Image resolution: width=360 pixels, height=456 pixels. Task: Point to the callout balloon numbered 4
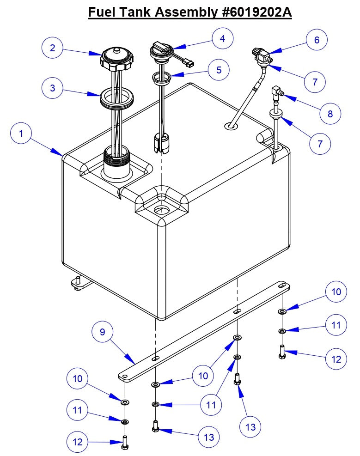click(x=223, y=39)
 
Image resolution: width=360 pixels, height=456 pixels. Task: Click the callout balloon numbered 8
click(x=329, y=113)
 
